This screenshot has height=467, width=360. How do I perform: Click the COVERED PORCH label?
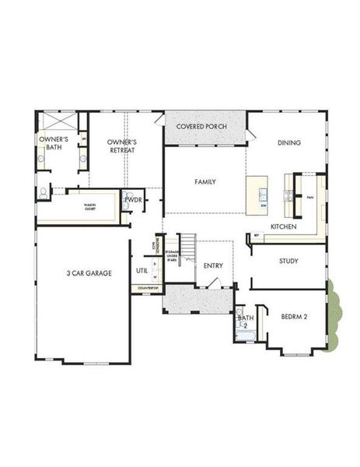point(201,126)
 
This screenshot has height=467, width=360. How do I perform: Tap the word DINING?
point(289,142)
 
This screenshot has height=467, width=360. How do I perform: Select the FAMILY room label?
point(204,182)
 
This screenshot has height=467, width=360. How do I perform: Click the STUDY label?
point(288,261)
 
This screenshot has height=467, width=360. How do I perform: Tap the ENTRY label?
point(213,265)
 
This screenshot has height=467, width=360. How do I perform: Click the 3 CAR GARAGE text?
point(88,273)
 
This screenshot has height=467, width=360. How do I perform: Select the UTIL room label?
point(142,271)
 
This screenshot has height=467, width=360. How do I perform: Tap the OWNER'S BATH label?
point(54,143)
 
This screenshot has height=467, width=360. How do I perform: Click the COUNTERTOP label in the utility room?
point(148,289)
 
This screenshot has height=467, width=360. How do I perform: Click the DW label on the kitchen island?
point(264,205)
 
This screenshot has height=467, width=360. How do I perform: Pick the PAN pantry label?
point(310,198)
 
